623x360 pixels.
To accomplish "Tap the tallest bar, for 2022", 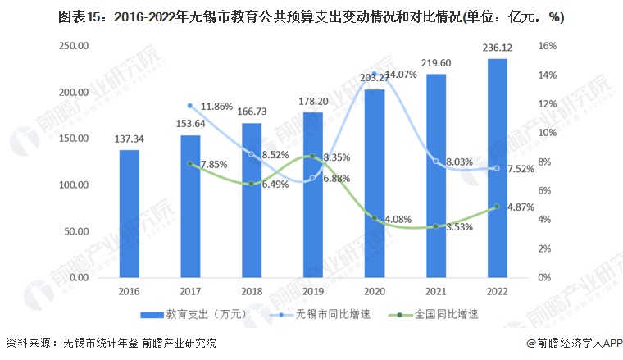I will coord(497,168).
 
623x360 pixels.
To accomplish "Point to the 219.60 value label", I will coord(435,63).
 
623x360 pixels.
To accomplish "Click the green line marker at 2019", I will coord(312,157).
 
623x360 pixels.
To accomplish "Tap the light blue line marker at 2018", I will coord(251,154).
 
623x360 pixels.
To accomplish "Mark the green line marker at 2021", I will coord(435,226).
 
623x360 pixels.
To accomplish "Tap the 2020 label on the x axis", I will coord(374,291).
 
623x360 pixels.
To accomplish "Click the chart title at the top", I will coord(311,16).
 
